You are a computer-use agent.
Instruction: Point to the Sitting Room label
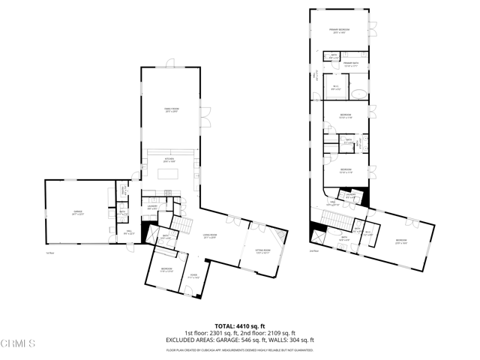(x=262, y=252)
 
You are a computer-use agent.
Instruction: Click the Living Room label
(x=212, y=238)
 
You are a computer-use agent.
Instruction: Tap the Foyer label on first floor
(x=193, y=275)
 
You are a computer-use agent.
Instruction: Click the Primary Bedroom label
(x=340, y=31)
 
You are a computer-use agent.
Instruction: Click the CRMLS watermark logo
(x=18, y=344)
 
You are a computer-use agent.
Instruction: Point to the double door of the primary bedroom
(x=372, y=30)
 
